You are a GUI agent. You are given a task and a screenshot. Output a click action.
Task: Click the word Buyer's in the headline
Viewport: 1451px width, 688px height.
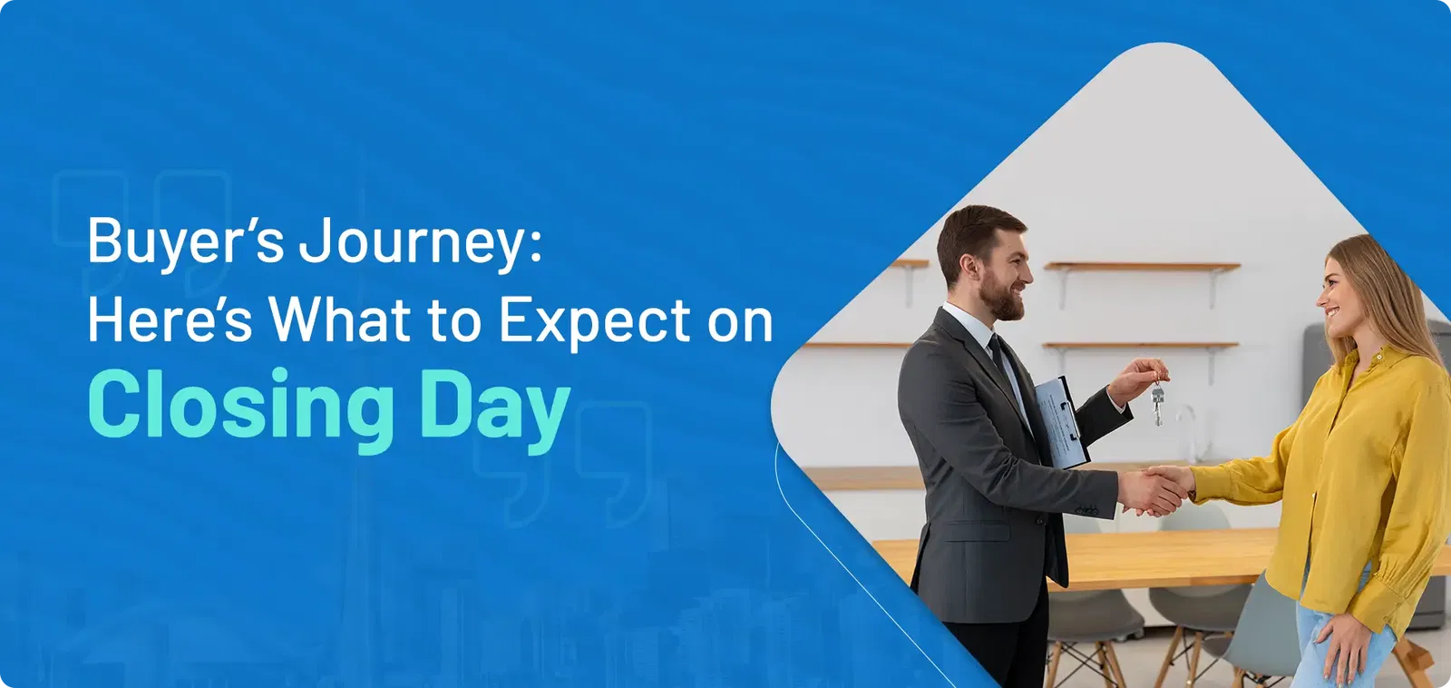pyautogui.click(x=186, y=241)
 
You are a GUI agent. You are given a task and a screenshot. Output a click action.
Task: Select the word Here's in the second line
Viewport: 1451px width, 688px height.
pyautogui.click(x=170, y=319)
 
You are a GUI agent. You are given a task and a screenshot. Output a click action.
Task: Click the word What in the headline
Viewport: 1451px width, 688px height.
pyautogui.click(x=339, y=319)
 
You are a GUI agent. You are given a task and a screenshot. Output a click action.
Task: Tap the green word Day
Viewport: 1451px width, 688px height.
pyautogui.click(x=495, y=410)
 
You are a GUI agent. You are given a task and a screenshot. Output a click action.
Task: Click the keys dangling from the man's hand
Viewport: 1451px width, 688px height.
pyautogui.click(x=1157, y=401)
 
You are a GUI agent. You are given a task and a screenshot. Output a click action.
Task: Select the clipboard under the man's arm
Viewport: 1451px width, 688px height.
pyautogui.click(x=1060, y=421)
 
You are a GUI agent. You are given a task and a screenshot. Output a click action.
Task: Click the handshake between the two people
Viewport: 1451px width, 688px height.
pyautogui.click(x=1157, y=489)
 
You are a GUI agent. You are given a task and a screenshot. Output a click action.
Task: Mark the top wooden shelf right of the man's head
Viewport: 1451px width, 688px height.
pyautogui.click(x=1142, y=266)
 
